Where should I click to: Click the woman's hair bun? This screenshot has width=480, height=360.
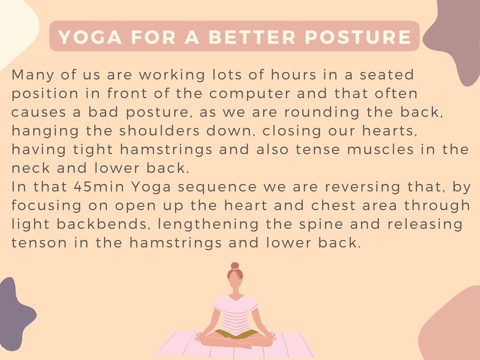tap(235, 266)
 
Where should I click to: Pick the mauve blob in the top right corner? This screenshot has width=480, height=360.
tap(458, 40)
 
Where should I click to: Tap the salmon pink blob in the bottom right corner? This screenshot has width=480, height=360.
tap(453, 329)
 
